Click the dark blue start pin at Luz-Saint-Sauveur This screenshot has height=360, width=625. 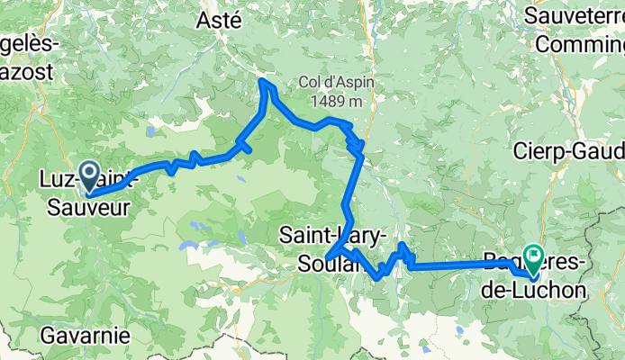point(89,175)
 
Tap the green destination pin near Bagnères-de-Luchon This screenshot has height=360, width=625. point(532,259)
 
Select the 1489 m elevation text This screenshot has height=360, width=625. point(337,101)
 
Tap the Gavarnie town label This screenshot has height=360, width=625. point(85,336)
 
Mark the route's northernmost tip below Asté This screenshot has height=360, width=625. point(263,82)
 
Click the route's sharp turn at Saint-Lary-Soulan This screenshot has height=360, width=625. point(328,256)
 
